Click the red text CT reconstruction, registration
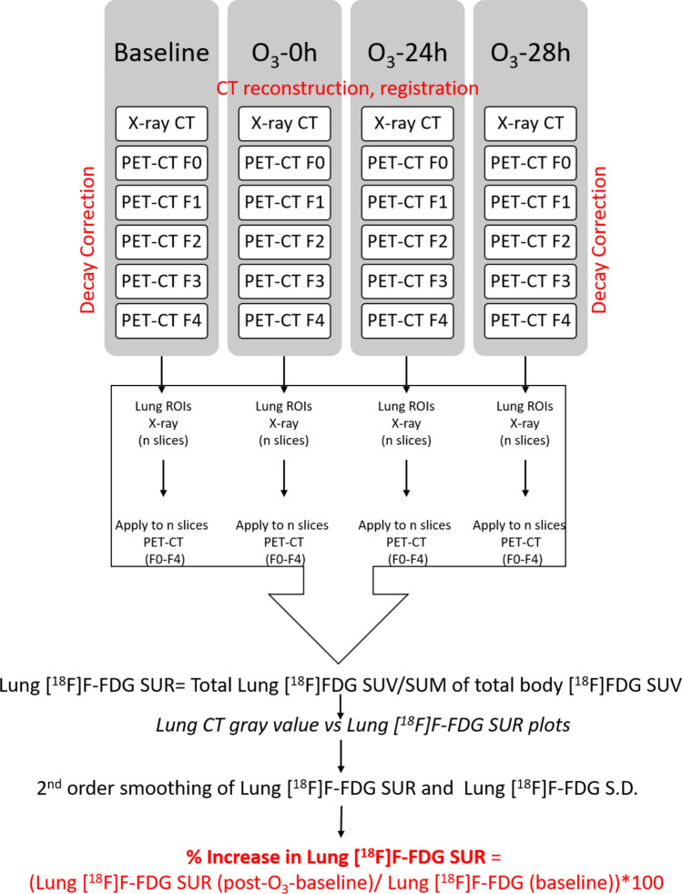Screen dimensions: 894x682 347,89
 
